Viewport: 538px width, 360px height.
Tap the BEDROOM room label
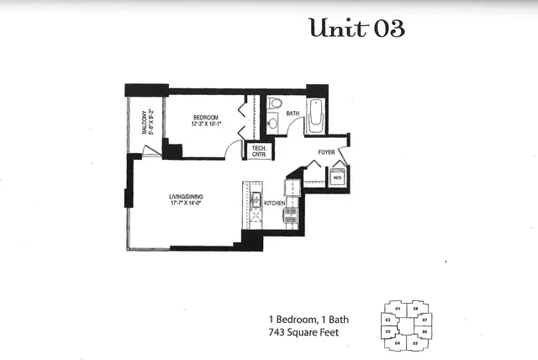click(205, 116)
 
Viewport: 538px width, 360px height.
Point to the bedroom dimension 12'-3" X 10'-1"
click(205, 124)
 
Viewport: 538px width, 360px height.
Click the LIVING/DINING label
click(186, 197)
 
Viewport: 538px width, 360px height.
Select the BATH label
click(293, 113)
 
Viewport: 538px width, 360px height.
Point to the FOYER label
click(327, 152)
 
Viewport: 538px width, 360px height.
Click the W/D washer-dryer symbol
click(336, 177)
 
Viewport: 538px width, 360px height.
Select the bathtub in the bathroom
click(316, 117)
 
